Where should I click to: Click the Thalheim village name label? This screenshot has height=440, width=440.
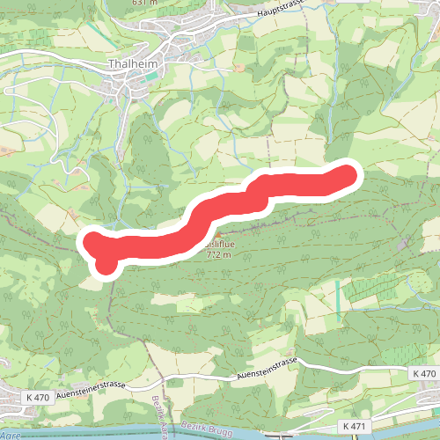[x=133, y=64]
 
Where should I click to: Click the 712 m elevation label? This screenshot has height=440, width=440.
[x=217, y=255]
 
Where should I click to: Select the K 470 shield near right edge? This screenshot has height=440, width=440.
[x=423, y=374]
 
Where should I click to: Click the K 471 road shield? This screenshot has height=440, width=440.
[x=355, y=427]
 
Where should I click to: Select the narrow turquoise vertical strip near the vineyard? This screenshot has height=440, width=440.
[x=337, y=300]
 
